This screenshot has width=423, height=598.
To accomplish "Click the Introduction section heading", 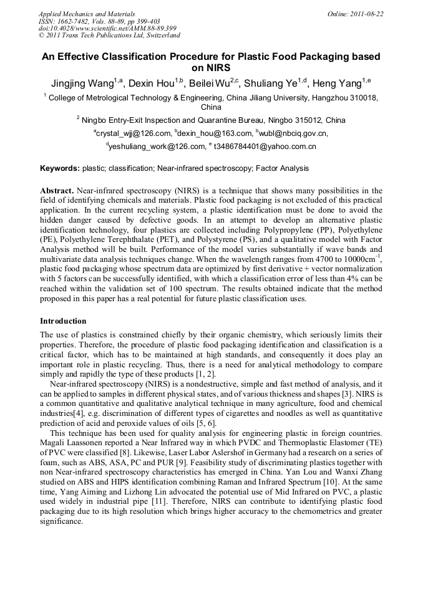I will [63, 321].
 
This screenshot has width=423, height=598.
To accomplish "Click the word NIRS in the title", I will [210, 68].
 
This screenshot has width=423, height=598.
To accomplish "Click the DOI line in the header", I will [107, 29].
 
